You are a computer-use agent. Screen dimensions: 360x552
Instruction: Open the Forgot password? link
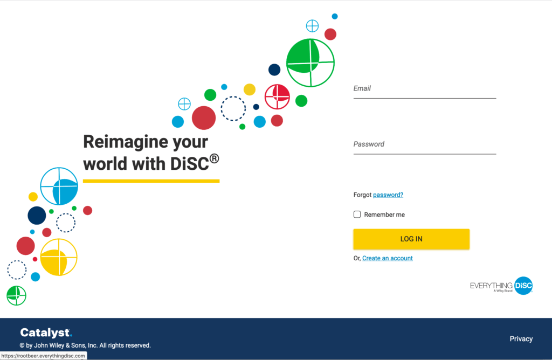tap(388, 195)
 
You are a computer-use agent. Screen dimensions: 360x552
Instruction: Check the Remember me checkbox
tap(357, 214)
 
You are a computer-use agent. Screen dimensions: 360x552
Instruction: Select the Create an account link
tap(388, 258)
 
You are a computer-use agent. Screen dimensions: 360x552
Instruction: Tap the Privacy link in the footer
tap(521, 339)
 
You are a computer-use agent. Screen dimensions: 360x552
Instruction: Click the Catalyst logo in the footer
tap(46, 333)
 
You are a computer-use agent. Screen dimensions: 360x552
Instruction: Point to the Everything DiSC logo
tap(501, 285)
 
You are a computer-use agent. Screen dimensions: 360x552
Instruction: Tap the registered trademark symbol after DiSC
tap(214, 158)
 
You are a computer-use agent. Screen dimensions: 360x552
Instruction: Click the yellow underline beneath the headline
tap(151, 181)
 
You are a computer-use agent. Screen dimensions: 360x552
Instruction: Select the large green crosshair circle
tap(310, 63)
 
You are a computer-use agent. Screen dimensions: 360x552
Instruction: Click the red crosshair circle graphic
tap(277, 96)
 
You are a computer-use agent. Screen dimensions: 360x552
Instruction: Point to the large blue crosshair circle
tap(59, 186)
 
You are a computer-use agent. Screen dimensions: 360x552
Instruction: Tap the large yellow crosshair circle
tap(59, 257)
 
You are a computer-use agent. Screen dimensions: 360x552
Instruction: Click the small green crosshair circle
tap(16, 295)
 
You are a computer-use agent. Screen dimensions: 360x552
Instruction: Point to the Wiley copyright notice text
tap(85, 345)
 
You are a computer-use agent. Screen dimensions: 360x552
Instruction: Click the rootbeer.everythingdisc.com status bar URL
tap(43, 356)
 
